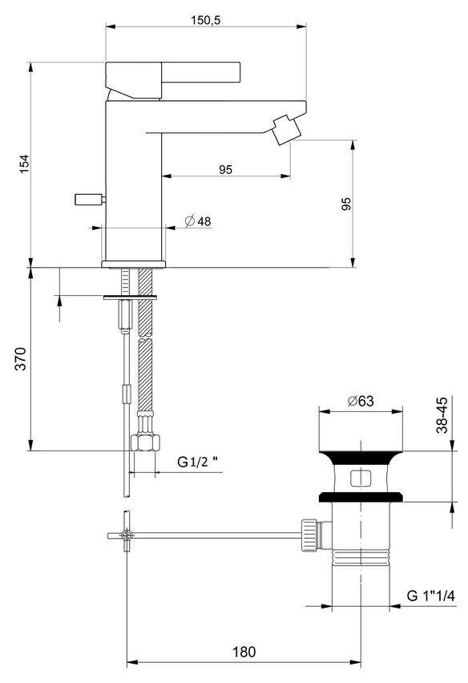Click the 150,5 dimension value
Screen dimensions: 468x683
pyautogui.click(x=205, y=20)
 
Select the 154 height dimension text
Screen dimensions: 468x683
pyautogui.click(x=24, y=164)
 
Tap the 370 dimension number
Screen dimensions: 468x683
pyautogui.click(x=21, y=358)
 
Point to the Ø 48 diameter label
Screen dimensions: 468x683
pyautogui.click(x=198, y=221)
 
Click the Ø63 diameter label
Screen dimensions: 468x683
pyautogui.click(x=361, y=400)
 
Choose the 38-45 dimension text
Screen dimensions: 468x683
pyautogui.click(x=442, y=415)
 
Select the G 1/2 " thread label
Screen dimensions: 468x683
pyautogui.click(x=197, y=463)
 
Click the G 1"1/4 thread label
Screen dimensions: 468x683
pyautogui.click(x=430, y=595)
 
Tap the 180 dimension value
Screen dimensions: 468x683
pyautogui.click(x=244, y=652)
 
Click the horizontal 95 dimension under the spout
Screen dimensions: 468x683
pyautogui.click(x=225, y=169)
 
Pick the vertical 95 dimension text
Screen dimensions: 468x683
pyautogui.click(x=346, y=204)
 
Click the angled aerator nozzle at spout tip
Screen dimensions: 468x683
pyautogui.click(x=286, y=129)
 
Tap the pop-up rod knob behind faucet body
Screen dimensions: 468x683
pyautogui.click(x=90, y=200)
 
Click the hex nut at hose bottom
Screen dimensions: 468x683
pyautogui.click(x=145, y=443)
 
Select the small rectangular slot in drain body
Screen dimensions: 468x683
pyautogui.click(x=361, y=478)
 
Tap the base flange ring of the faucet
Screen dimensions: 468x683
pyautogui.click(x=134, y=264)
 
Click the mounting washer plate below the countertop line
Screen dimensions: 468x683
pyautogui.click(x=130, y=297)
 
